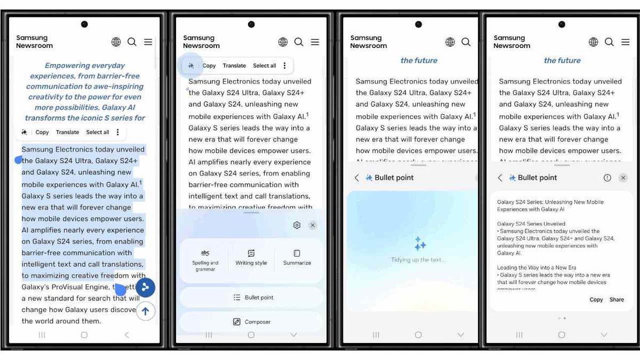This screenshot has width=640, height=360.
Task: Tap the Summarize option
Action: tap(297, 257)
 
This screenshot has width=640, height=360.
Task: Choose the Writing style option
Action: tap(251, 257)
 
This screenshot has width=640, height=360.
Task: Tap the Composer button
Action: tap(251, 322)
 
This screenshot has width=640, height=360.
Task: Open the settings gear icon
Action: tap(297, 225)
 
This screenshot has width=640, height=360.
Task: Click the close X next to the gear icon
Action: tap(313, 225)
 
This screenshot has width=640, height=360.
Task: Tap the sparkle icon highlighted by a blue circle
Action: tap(191, 66)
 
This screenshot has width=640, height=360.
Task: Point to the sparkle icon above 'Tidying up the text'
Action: tap(420, 244)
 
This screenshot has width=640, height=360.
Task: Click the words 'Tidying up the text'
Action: tap(417, 260)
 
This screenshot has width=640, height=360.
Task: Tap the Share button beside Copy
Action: tap(617, 299)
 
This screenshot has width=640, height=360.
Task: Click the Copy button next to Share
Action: tap(596, 299)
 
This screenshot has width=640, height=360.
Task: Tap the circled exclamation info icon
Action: tap(607, 178)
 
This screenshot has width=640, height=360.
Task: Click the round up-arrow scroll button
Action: tap(145, 311)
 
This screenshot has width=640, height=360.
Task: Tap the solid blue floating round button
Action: tap(145, 287)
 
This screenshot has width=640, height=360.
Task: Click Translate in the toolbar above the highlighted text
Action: tap(67, 132)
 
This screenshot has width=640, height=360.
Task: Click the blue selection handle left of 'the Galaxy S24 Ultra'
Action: tap(18, 159)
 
